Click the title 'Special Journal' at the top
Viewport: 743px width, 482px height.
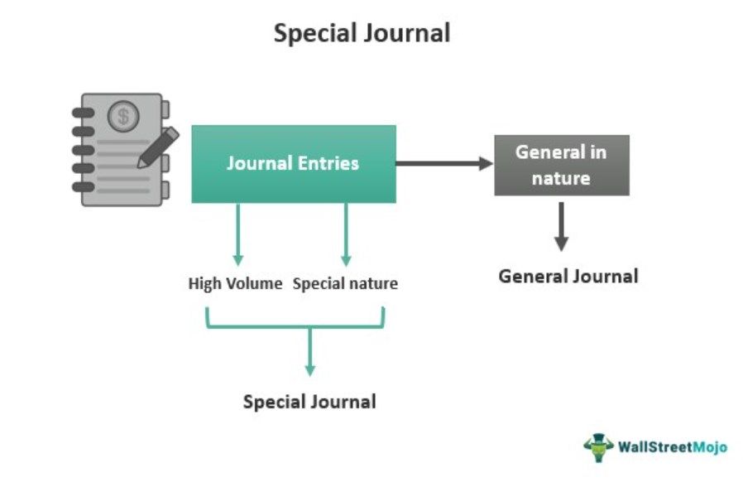(362, 33)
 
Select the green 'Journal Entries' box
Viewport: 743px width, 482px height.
(293, 163)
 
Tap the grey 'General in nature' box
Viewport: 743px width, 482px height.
(561, 165)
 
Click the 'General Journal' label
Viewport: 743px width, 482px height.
(568, 277)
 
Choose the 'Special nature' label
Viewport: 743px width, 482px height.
(345, 284)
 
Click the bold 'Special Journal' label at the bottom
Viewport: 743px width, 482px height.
(309, 402)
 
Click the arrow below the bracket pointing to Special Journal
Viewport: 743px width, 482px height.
(309, 352)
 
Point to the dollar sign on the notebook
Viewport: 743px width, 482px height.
(124, 117)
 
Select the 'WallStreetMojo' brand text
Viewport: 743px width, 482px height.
(673, 447)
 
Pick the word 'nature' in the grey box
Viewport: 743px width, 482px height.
(561, 177)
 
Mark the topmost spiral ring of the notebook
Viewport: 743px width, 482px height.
(84, 113)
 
